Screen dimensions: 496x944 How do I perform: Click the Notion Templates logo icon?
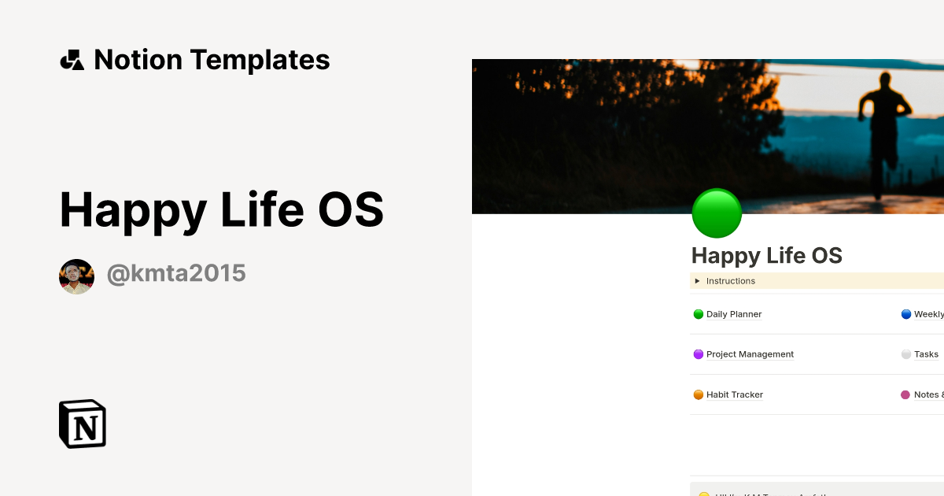tap(72, 60)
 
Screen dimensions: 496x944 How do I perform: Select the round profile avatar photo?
tap(76, 276)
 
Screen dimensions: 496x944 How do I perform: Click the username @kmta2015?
tap(176, 274)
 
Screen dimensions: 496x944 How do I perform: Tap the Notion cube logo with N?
tap(83, 424)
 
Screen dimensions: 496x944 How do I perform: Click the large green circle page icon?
tap(717, 213)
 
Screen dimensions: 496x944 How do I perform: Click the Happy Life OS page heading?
tap(767, 256)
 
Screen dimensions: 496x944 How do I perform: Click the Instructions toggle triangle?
tap(697, 281)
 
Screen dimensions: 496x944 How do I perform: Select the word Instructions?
tap(731, 281)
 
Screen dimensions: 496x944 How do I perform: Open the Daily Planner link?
tap(734, 314)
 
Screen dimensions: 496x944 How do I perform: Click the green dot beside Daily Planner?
tap(698, 314)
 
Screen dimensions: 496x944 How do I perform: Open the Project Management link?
tap(750, 354)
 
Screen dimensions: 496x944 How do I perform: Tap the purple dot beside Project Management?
tap(698, 354)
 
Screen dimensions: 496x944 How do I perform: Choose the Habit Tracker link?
tap(735, 394)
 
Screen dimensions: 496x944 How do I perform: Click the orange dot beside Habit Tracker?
tap(698, 394)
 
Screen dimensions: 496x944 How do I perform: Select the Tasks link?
tap(926, 354)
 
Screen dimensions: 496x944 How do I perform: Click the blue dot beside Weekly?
tap(905, 314)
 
